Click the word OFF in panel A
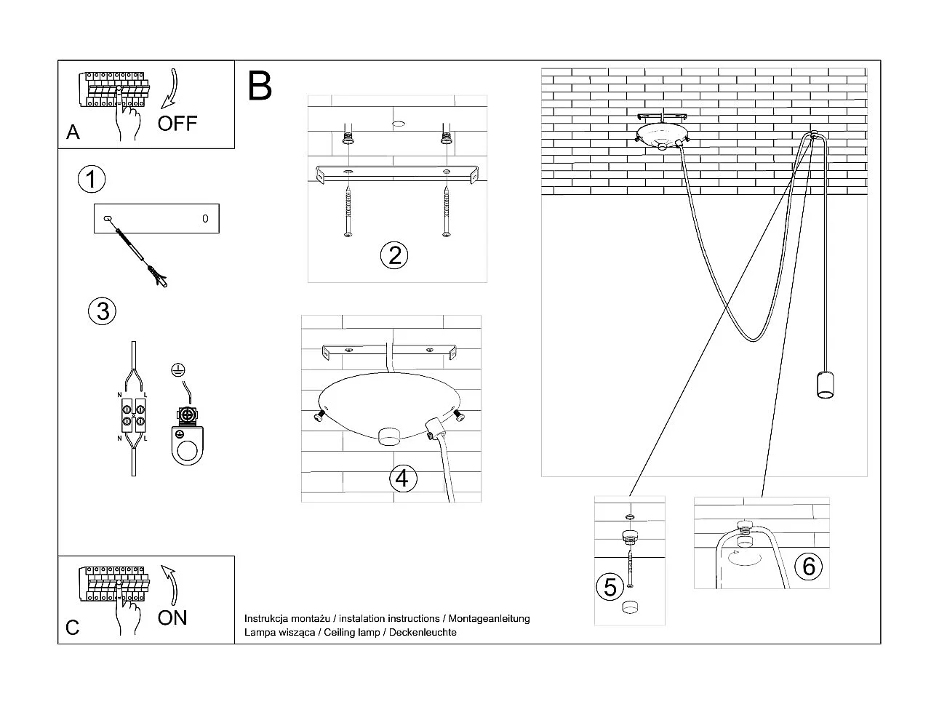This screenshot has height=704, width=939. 177,123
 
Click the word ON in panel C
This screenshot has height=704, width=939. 172,617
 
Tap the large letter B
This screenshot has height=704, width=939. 260,86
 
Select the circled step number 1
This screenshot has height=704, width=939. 92,179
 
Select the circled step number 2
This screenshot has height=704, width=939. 394,255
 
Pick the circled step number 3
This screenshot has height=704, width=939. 103,311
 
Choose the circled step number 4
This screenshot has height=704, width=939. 403,479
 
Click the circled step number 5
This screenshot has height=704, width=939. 610,587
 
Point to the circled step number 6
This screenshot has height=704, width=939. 809,566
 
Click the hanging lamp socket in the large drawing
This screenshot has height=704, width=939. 824,385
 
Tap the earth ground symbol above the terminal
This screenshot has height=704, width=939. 177,370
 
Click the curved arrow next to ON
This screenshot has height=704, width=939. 172,585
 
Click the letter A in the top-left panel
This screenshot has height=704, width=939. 73,132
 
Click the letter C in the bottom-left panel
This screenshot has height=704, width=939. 73,628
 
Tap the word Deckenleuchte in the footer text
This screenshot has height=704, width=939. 423,633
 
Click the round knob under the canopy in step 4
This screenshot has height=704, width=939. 390,435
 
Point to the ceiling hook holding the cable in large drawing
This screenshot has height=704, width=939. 813,135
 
